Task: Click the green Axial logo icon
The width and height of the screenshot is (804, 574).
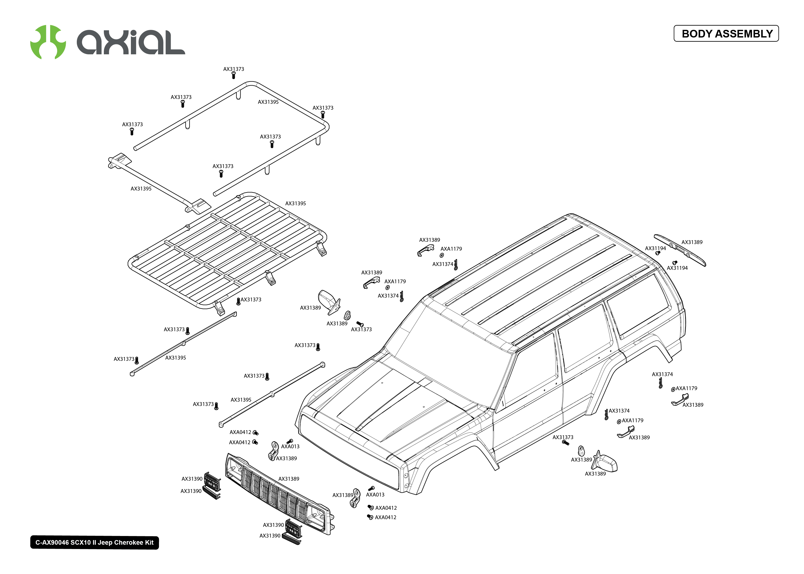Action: [48, 42]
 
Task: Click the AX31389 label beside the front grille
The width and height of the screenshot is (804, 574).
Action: [289, 479]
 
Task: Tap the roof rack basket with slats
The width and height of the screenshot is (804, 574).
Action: [226, 251]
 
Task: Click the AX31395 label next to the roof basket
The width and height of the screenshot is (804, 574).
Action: [295, 203]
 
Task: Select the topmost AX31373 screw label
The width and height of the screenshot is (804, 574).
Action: [233, 69]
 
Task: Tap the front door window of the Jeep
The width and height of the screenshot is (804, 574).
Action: [530, 375]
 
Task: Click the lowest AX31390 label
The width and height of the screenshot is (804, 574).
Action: [269, 535]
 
